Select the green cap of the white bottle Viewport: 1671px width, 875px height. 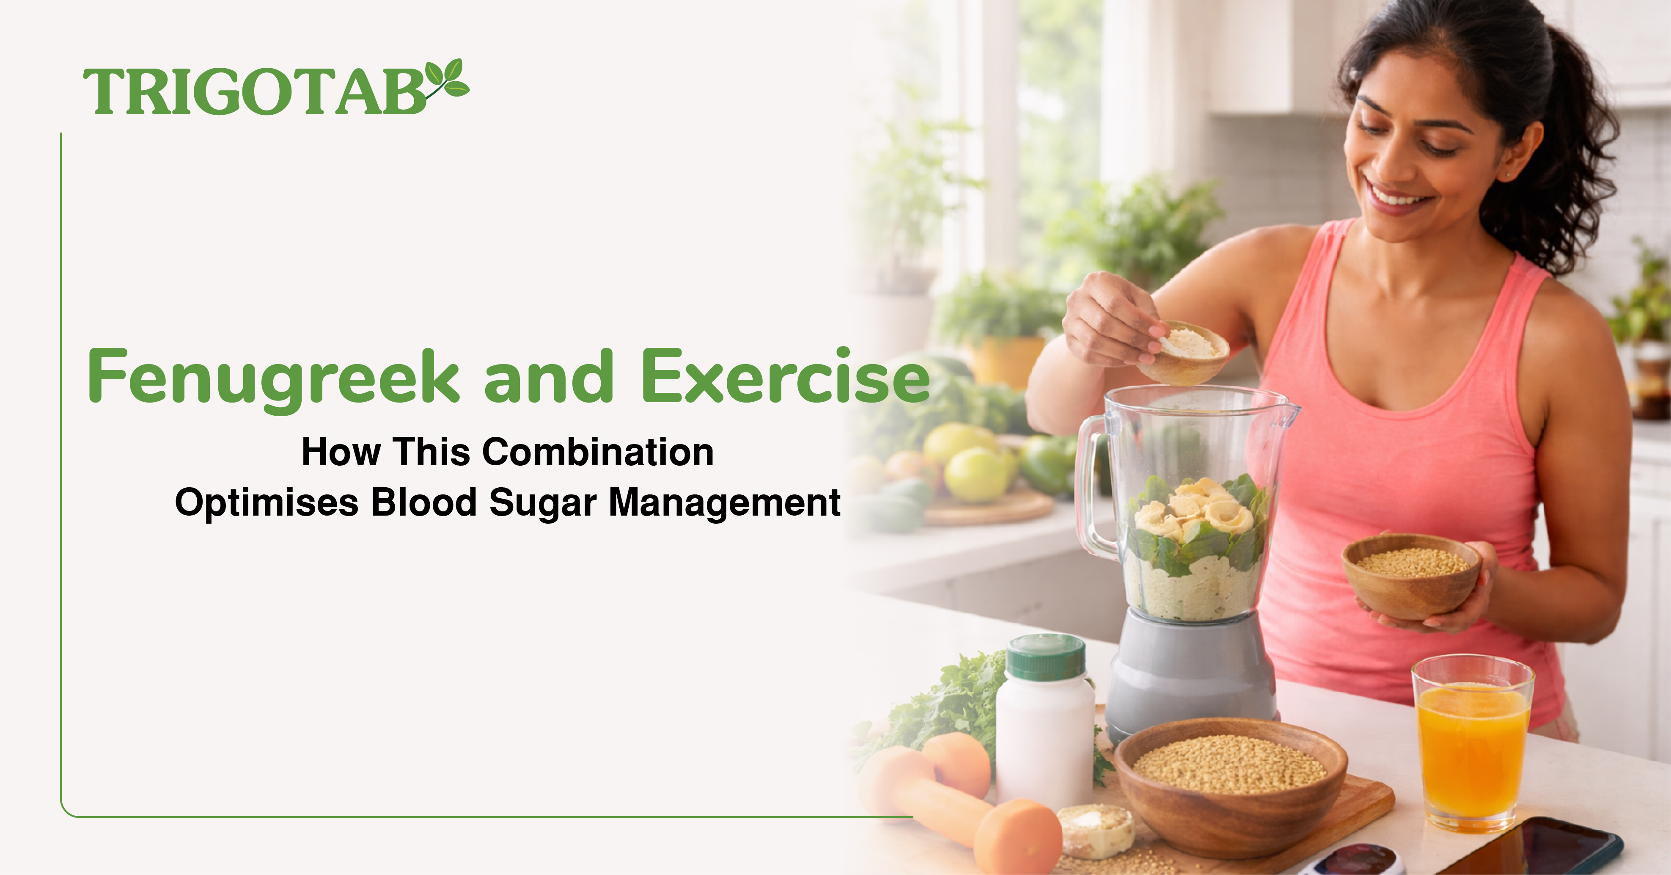coord(1045,657)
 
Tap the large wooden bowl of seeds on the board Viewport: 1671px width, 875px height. coord(1230,785)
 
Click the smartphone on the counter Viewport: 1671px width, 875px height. coord(1531,847)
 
